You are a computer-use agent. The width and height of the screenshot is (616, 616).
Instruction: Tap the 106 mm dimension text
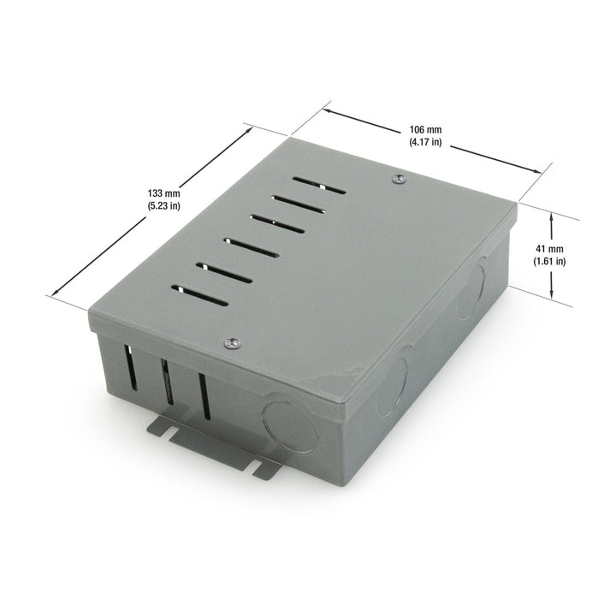pyautogui.click(x=424, y=131)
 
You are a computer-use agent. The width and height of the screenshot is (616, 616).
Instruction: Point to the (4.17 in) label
pyautogui.click(x=424, y=143)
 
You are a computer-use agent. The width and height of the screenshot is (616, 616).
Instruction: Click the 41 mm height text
pyautogui.click(x=549, y=248)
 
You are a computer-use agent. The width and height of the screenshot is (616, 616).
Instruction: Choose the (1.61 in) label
pyautogui.click(x=549, y=261)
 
